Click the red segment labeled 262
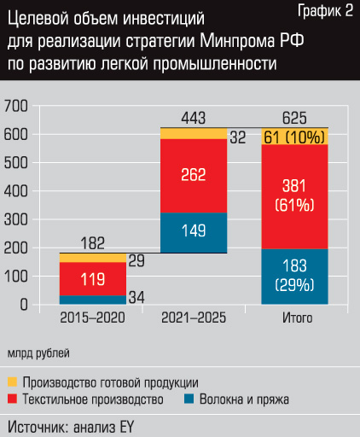(x=194, y=176)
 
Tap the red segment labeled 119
(x=92, y=278)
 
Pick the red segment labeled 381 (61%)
(x=295, y=195)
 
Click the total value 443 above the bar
(x=194, y=117)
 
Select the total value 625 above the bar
(x=295, y=117)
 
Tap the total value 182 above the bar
(x=92, y=243)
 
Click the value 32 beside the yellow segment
(x=239, y=137)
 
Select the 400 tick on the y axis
(x=17, y=191)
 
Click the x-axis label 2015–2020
(x=92, y=318)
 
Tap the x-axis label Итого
(x=295, y=318)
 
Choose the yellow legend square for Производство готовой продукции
(x=13, y=382)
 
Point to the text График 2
(x=325, y=11)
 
